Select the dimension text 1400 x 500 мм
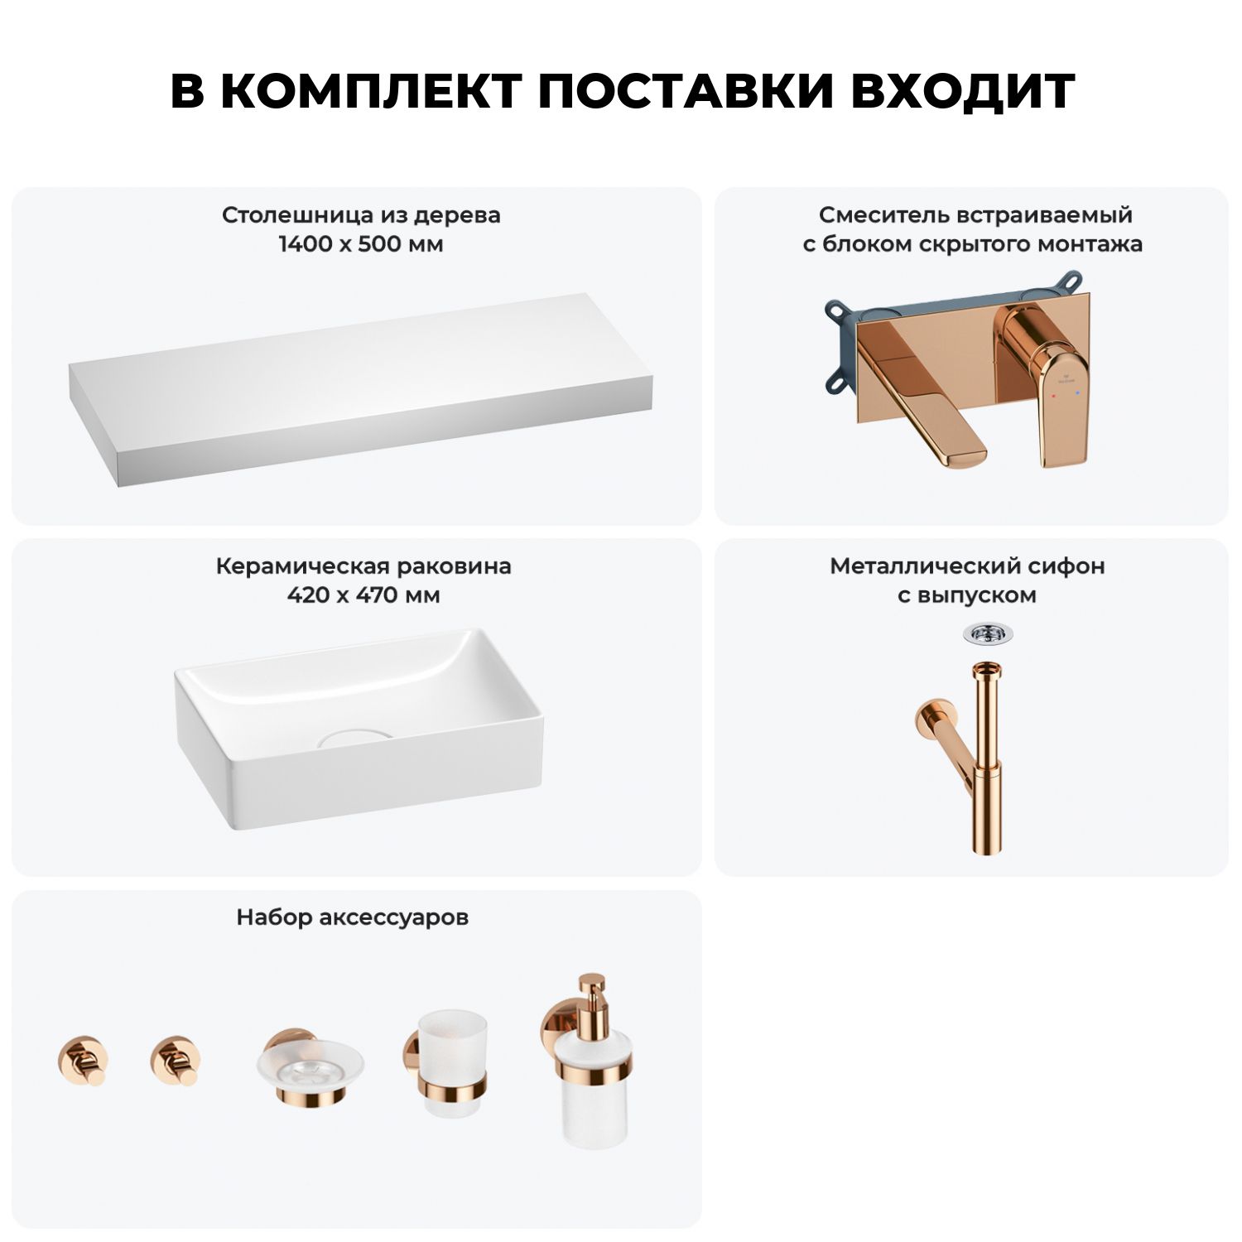click(x=361, y=244)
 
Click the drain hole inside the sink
click(x=353, y=736)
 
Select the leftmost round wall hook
click(x=83, y=1061)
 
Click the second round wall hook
click(x=176, y=1061)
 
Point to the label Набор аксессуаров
click(x=353, y=917)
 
